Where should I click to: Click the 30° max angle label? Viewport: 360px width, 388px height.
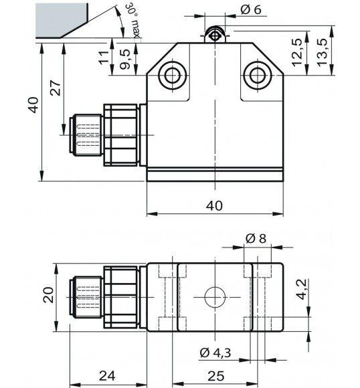[132, 21]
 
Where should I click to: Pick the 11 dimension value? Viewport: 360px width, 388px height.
[102, 58]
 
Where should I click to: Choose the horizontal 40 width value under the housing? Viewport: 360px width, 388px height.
[213, 205]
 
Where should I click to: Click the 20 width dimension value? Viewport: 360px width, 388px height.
[48, 295]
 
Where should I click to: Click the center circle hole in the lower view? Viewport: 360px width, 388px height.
[214, 296]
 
